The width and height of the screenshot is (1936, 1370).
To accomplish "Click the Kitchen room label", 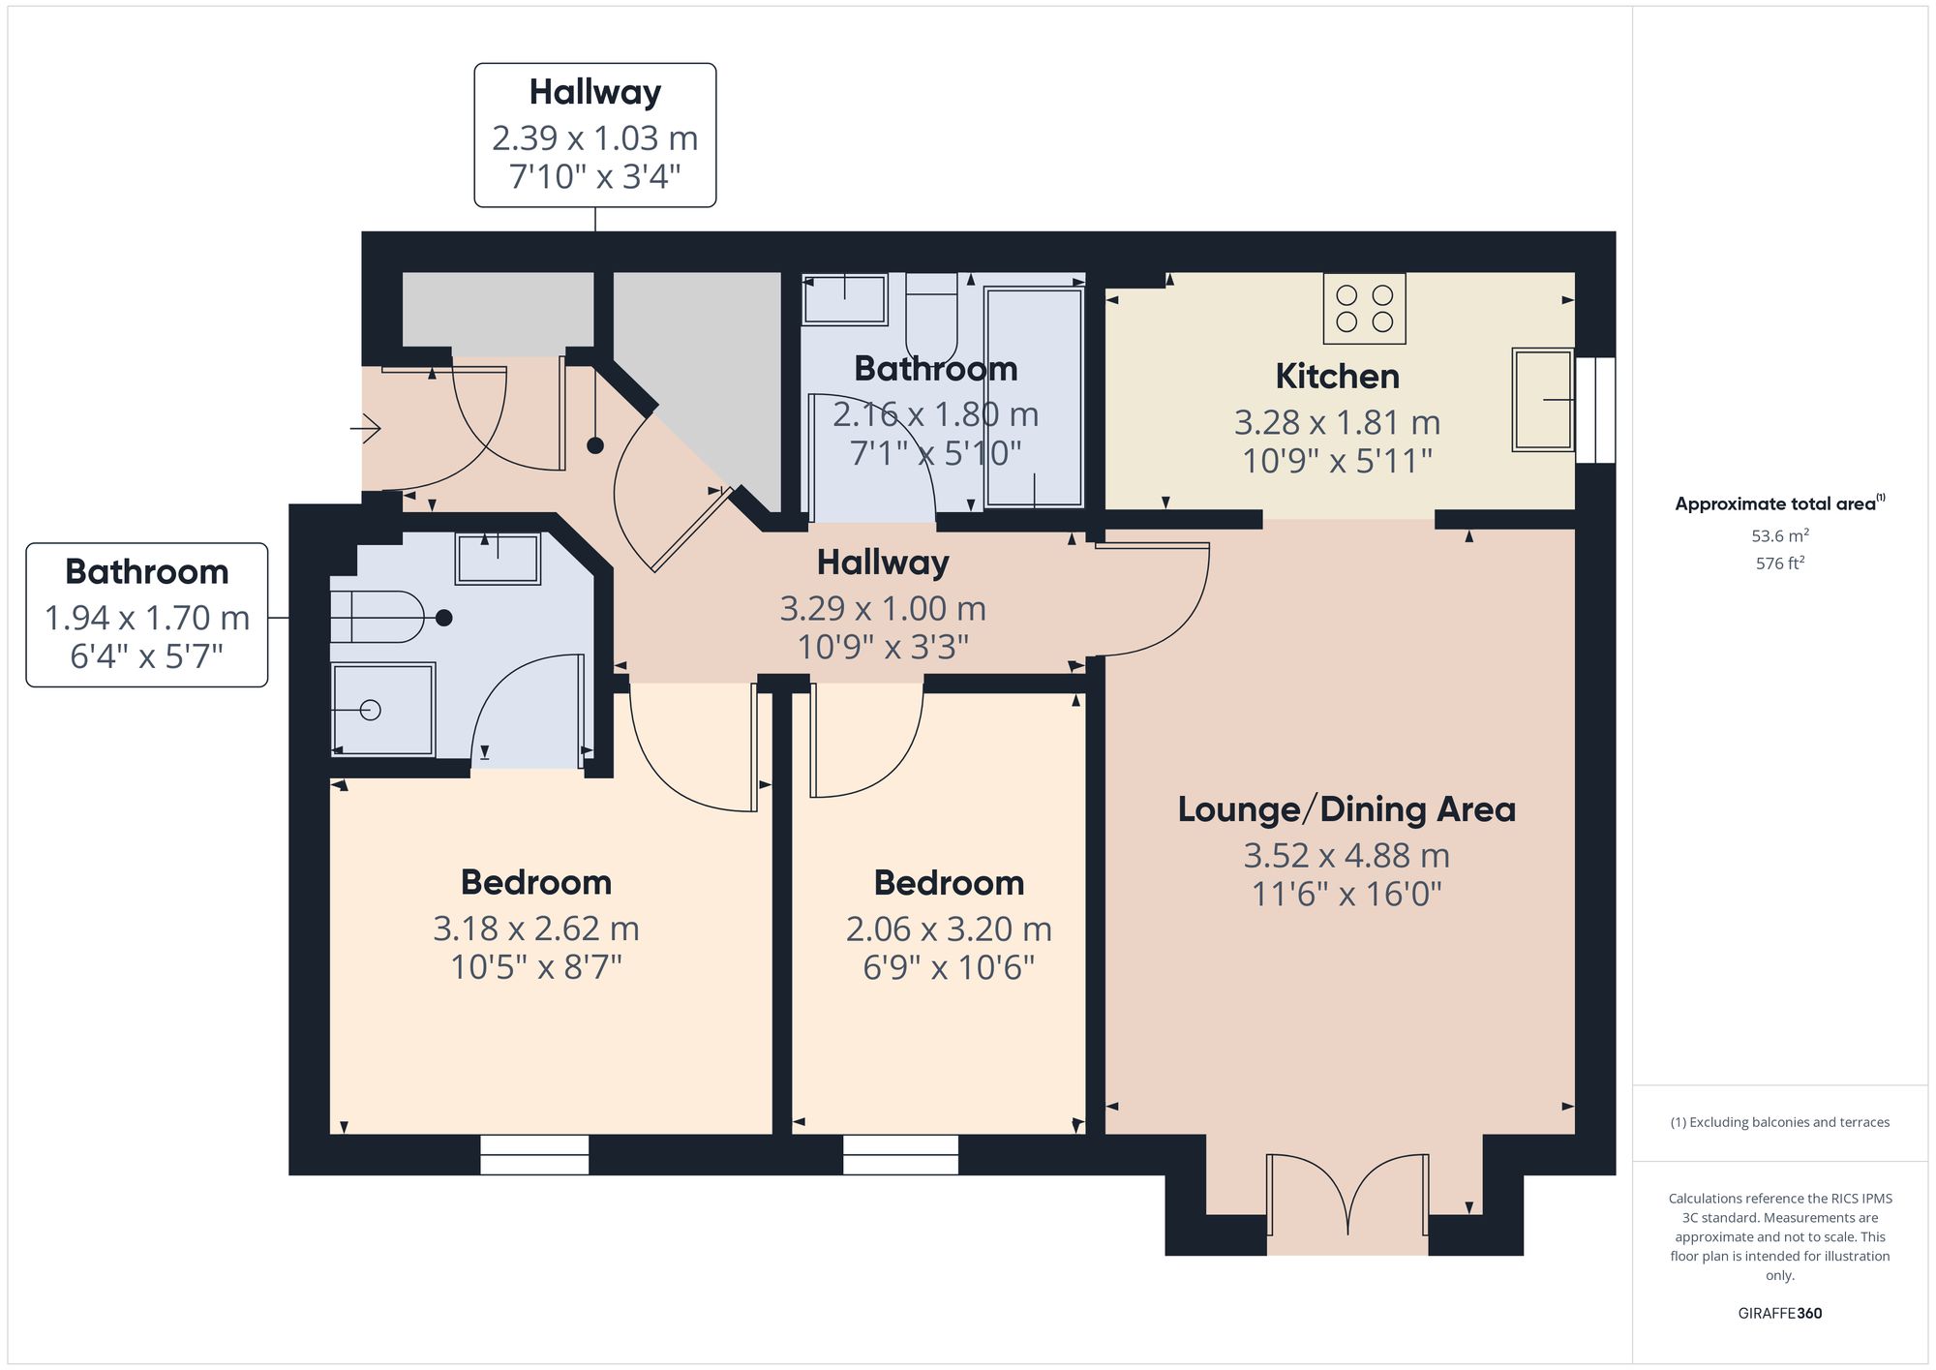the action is click(1337, 376).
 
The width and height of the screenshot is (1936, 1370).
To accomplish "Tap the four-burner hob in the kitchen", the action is click(1364, 308).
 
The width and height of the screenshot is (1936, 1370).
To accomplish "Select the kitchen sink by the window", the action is click(1543, 399).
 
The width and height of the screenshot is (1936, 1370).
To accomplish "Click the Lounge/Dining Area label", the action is click(1346, 809).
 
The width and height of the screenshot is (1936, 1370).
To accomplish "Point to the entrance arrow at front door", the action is click(366, 427).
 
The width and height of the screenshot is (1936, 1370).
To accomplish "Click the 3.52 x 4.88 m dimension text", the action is click(1346, 856).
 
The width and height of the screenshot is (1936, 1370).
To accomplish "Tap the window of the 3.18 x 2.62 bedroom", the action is click(534, 1155).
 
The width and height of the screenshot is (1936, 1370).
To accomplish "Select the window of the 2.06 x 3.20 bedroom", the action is click(900, 1155).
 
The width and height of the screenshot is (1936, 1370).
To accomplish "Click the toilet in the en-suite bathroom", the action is click(377, 617).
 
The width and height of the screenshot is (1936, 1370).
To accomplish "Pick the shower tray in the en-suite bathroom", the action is click(382, 710).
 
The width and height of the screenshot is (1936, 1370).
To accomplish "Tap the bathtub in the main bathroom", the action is click(1034, 397).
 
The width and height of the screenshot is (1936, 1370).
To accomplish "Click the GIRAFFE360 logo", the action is click(1779, 1314).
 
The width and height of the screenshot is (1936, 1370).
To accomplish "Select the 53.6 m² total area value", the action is click(1779, 535).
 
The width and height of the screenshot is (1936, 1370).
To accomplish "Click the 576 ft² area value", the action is click(1779, 563).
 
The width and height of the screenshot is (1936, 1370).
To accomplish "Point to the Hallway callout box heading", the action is click(594, 92).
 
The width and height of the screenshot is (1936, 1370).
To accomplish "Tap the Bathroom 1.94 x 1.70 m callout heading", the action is click(146, 572).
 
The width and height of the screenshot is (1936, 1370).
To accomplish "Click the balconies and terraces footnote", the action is click(1779, 1123).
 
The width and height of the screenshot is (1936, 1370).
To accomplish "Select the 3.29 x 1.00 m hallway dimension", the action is click(883, 609).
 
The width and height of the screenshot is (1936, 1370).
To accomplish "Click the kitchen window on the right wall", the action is click(1595, 411).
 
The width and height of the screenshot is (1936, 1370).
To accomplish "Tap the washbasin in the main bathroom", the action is click(844, 299).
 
